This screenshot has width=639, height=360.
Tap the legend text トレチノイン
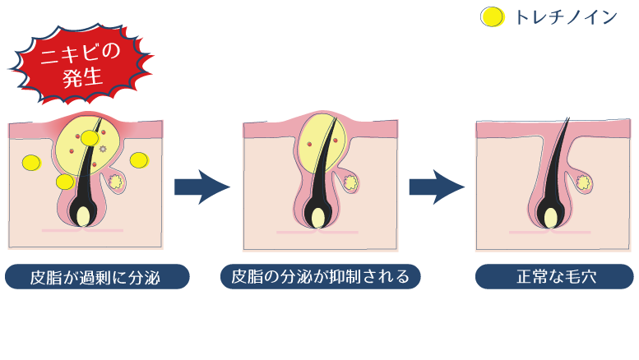pyautogui.click(x=566, y=17)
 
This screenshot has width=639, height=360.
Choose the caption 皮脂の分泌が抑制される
pyautogui.click(x=321, y=276)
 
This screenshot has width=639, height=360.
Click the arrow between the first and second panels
pyautogui.click(x=201, y=187)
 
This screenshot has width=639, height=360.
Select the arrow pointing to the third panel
pyautogui.click(x=436, y=187)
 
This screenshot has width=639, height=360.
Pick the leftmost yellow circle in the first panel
pyautogui.click(x=31, y=162)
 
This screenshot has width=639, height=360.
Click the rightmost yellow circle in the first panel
pyautogui.click(x=138, y=159)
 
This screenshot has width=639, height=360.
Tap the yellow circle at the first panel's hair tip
pyautogui.click(x=90, y=138)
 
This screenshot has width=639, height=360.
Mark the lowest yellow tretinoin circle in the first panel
pyautogui.click(x=64, y=181)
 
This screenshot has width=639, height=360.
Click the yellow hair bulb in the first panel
pyautogui.click(x=82, y=216)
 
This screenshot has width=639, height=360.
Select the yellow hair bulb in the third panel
pyautogui.click(x=549, y=218)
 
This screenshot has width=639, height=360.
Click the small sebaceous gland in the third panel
pyautogui.click(x=585, y=180)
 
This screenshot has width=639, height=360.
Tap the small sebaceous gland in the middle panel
pyautogui.click(x=350, y=180)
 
